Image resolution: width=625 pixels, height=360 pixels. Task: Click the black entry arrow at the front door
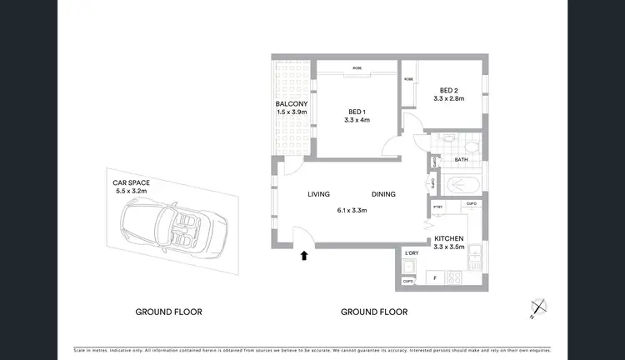pyautogui.click(x=304, y=257)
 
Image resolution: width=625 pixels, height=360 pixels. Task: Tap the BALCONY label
pyautogui.click(x=292, y=104)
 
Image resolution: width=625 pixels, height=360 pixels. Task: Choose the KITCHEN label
pyautogui.click(x=449, y=239)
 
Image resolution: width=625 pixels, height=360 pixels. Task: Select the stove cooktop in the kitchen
pyautogui.click(x=457, y=278)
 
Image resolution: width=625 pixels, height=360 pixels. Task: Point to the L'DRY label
pyautogui.click(x=411, y=253)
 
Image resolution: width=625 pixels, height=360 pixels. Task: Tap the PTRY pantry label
pyautogui.click(x=437, y=204)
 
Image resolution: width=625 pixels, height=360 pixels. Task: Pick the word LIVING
pyautogui.click(x=319, y=195)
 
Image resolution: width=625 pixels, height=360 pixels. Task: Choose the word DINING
pyautogui.click(x=383, y=195)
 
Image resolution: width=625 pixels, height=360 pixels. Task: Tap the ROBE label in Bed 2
pyautogui.click(x=409, y=79)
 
